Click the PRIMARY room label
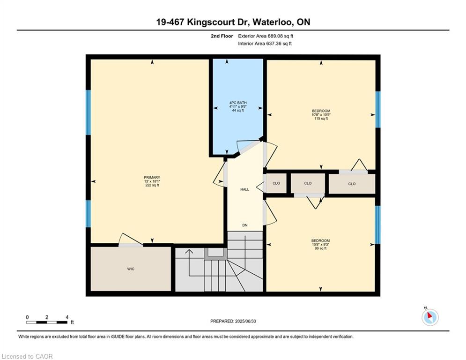coord(152,178)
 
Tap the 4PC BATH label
coord(238,103)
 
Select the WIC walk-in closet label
coord(131,269)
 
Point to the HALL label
coord(245,189)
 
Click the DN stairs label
coord(245,225)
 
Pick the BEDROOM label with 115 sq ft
coord(321,111)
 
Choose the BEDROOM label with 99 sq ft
coord(320,240)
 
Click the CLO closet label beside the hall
coord(276,183)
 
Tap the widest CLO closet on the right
coord(352,184)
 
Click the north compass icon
coord(430,317)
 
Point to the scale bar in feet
coord(47,322)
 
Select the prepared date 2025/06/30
coord(233,321)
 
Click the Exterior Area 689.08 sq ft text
coord(266,36)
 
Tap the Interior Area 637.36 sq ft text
coord(265,44)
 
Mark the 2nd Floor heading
coord(222,36)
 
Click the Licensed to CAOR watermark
coord(27,356)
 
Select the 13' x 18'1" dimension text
coord(152,181)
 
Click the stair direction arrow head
coord(189,252)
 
